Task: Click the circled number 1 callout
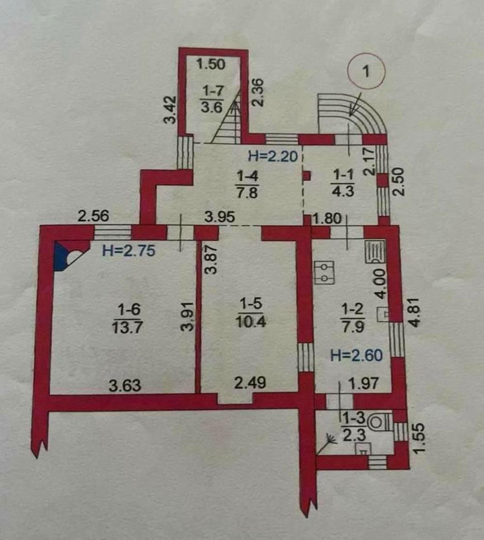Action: pyautogui.click(x=366, y=71)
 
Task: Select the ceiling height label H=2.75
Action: pyautogui.click(x=129, y=250)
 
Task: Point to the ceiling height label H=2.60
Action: pyautogui.click(x=356, y=355)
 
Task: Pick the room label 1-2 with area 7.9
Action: pyautogui.click(x=352, y=318)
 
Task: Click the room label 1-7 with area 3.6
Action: pyautogui.click(x=212, y=99)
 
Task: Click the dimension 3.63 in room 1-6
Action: pyautogui.click(x=125, y=385)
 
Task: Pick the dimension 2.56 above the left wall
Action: pyautogui.click(x=93, y=216)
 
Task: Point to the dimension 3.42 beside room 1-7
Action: pyautogui.click(x=169, y=110)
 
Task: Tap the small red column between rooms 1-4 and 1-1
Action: pyautogui.click(x=306, y=176)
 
